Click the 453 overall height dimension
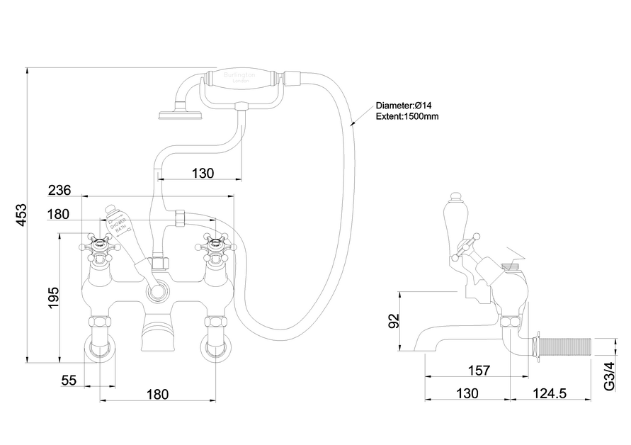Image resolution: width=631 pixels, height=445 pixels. pyautogui.click(x=21, y=215)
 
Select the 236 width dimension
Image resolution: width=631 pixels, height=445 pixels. pyautogui.click(x=60, y=190)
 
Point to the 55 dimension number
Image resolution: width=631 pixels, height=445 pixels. pyautogui.click(x=69, y=381)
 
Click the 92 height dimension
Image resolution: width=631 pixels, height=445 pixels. pyautogui.click(x=396, y=321)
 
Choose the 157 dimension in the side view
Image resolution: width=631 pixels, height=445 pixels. pyautogui.click(x=479, y=370)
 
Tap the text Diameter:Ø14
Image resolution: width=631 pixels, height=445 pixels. pyautogui.click(x=404, y=106)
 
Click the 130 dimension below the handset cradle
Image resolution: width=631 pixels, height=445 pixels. pyautogui.click(x=203, y=173)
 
